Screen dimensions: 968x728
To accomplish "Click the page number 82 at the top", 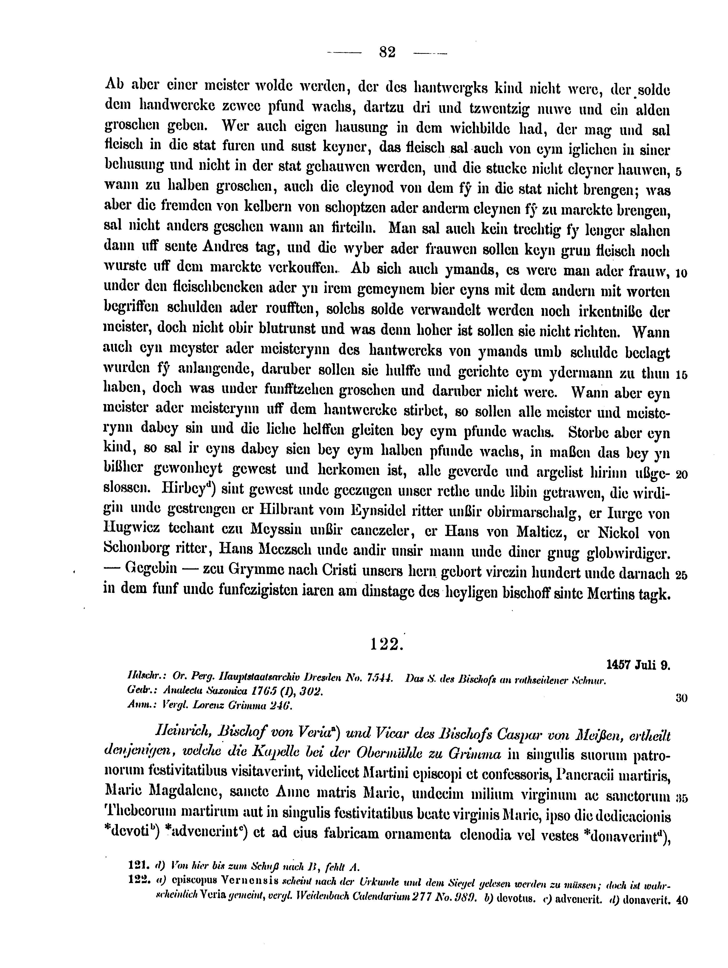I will (387, 53).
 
